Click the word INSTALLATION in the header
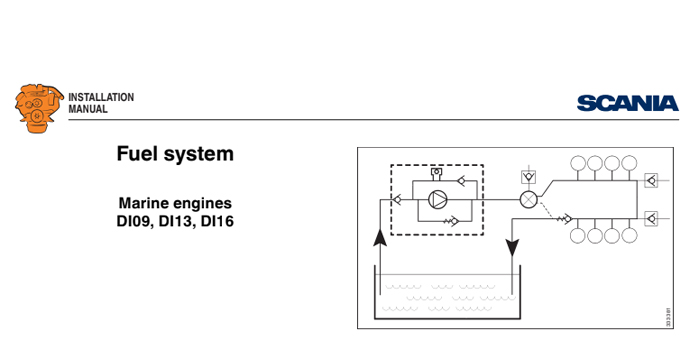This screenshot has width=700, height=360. pyautogui.click(x=101, y=97)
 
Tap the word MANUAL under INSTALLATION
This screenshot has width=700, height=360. pyautogui.click(x=88, y=109)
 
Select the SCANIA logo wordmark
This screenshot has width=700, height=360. pyautogui.click(x=627, y=102)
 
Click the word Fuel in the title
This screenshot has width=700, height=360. pyautogui.click(x=138, y=154)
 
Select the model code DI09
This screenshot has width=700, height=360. pyautogui.click(x=136, y=221)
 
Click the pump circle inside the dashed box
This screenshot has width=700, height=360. pyautogui.click(x=437, y=199)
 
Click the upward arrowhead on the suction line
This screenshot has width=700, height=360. pyautogui.click(x=379, y=238)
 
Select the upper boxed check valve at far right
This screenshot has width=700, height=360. pyautogui.click(x=652, y=181)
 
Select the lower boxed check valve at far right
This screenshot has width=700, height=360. pyautogui.click(x=652, y=216)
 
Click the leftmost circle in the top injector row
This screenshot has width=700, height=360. pyautogui.click(x=578, y=163)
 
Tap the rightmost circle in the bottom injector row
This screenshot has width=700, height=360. pyautogui.click(x=629, y=236)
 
